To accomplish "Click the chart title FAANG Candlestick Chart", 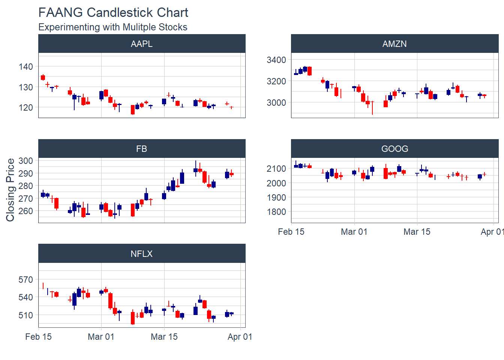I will [x=113, y=12].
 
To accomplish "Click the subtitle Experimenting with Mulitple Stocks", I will [x=112, y=27].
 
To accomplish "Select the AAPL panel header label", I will [x=142, y=44].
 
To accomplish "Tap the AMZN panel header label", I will [x=394, y=44].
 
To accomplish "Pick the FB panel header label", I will [x=142, y=149].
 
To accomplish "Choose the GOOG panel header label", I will [x=394, y=149].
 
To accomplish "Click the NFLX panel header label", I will [x=142, y=254].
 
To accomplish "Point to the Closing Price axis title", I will [x=10, y=190].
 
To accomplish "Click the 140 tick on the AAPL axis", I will [x=26, y=67].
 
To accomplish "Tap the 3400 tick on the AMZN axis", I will [x=276, y=60].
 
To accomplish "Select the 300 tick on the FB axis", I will [x=26, y=161].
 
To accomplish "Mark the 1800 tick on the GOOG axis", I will [x=276, y=212].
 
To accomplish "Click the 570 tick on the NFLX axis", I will [x=26, y=280].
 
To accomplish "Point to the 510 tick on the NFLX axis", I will [x=26, y=315].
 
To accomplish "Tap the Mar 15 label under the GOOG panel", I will [x=417, y=232].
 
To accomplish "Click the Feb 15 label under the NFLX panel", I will [x=38, y=337].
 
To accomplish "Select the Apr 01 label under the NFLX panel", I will [x=240, y=337].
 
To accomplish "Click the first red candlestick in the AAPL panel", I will [x=43, y=77].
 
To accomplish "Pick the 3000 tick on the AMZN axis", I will [x=276, y=102].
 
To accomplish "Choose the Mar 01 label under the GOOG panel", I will [x=354, y=232].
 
